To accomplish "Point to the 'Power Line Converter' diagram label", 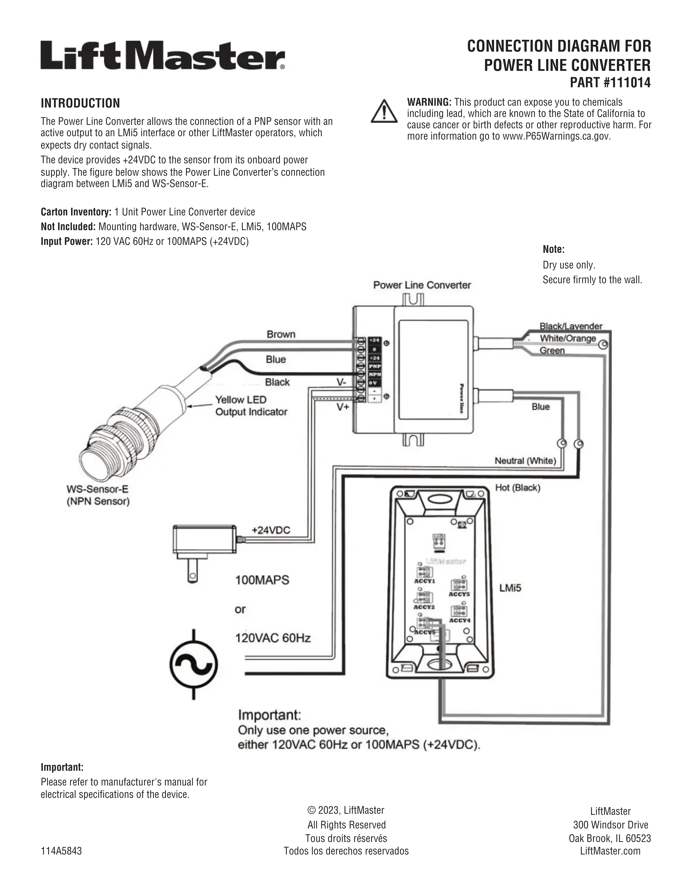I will pos(422,285).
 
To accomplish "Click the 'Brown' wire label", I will pos(281,334).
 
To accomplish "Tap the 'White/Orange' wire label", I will pos(568,338).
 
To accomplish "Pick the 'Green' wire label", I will pos(552,350).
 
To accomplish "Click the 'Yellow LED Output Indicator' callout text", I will pos(251,406).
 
